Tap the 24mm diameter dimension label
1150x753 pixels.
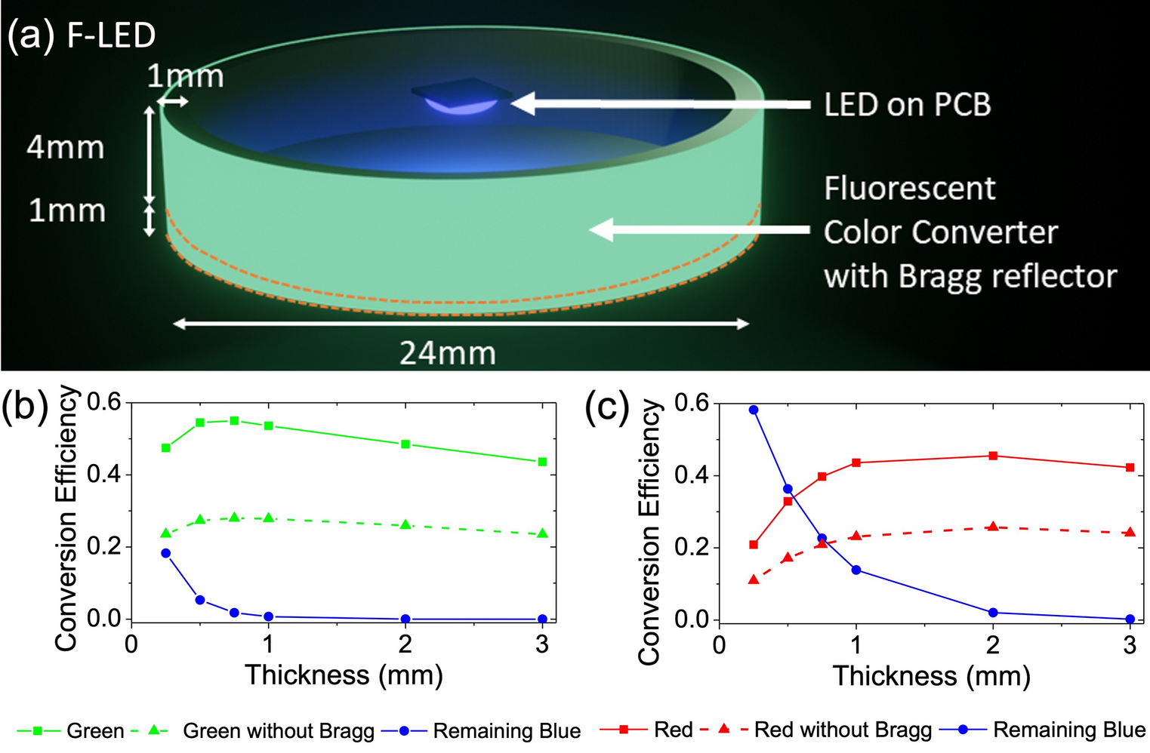pos(447,353)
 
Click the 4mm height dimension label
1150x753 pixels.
pos(66,148)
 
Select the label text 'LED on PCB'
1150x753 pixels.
pos(907,105)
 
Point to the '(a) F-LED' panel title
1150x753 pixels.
pos(82,35)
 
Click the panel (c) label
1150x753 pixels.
pos(607,407)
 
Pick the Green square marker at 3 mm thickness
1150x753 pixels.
pos(542,462)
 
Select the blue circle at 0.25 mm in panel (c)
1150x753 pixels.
pos(754,410)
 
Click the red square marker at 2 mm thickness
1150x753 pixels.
pos(993,456)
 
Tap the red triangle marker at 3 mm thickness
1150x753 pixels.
pos(1130,532)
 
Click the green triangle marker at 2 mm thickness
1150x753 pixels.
pos(405,524)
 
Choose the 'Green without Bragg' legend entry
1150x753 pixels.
pos(278,731)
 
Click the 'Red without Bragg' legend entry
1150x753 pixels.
pos(843,730)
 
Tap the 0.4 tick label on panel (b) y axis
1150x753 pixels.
pos(104,475)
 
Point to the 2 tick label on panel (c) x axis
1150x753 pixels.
pos(993,646)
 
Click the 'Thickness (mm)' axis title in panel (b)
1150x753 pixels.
pos(344,675)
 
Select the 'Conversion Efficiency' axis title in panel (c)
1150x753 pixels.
pos(649,532)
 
